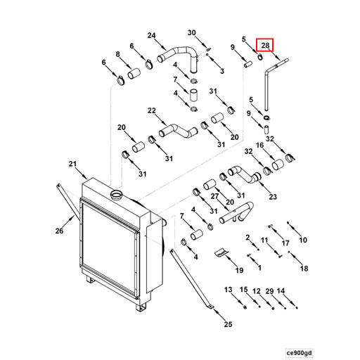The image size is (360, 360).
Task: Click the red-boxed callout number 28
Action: coord(265,46)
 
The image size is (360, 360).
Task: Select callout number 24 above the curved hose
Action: coord(151,36)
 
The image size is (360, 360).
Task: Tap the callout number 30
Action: coord(192,33)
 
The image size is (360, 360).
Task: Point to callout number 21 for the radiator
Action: coord(72,165)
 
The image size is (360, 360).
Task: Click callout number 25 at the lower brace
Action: coord(228,323)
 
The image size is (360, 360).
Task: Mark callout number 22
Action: coord(151,110)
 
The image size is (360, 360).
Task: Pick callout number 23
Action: coord(273,196)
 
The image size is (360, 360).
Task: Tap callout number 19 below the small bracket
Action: coord(239,270)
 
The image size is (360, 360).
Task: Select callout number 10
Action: coord(303,240)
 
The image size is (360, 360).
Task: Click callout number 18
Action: coord(304,268)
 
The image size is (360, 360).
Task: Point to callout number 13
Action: coord(229,290)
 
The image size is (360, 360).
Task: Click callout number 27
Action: coord(215,196)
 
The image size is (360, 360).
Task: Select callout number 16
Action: coord(259,145)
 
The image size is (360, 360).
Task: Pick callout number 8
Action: coord(118,54)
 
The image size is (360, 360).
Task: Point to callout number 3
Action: coord(222,71)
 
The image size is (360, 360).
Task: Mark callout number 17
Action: coord(285,243)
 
